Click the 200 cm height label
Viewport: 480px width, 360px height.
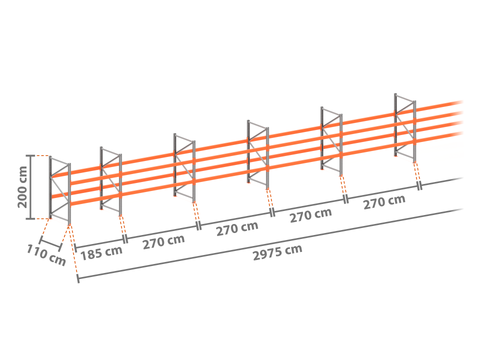coord(23,187)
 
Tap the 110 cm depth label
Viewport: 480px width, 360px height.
coord(46,255)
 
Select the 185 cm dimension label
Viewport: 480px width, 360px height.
coord(101,253)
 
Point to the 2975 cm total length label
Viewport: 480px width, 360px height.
coord(277,252)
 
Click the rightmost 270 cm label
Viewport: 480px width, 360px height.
coord(384,202)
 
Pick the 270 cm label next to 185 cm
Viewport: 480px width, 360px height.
coord(164,242)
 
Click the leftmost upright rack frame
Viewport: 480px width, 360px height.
coord(60,190)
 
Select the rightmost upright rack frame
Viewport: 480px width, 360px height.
coord(405,128)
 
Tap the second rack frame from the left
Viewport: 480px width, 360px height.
coord(111,181)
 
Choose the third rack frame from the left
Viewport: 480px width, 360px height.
coord(184,168)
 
